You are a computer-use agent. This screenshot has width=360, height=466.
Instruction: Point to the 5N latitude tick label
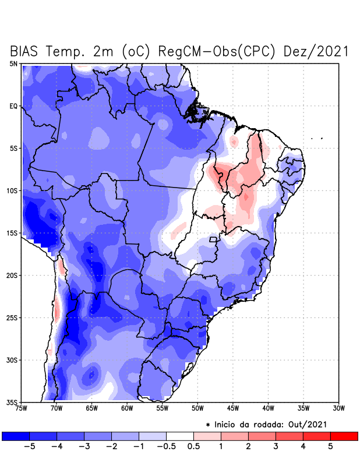click(13, 63)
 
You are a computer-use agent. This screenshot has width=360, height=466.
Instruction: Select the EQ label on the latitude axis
click(13, 106)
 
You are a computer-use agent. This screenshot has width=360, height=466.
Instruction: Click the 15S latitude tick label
click(12, 233)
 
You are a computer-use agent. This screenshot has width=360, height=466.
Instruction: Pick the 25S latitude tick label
click(12, 317)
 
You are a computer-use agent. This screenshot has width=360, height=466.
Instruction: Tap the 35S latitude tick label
click(12, 402)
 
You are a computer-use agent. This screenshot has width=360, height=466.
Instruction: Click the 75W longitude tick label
click(22, 408)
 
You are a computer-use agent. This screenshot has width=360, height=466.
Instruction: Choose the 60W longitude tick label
click(126, 408)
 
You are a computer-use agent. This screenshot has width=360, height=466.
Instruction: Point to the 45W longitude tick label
click(232, 408)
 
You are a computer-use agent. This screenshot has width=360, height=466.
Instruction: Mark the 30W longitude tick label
click(338, 408)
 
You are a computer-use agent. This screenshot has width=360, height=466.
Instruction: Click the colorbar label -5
click(29, 447)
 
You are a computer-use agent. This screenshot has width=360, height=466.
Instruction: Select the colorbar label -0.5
click(166, 447)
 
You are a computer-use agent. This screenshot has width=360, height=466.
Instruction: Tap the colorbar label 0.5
click(193, 447)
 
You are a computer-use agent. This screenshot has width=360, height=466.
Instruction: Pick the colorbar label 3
click(276, 447)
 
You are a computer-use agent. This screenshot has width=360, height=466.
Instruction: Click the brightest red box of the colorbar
click(344, 436)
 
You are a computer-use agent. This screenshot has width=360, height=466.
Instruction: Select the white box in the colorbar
click(180, 436)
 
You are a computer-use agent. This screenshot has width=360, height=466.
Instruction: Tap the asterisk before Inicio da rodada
click(208, 425)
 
